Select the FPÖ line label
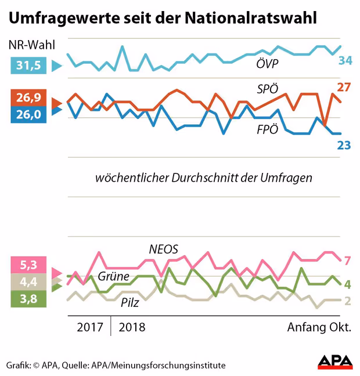pos(268,129)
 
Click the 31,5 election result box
pos(28,66)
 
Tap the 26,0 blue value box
pos(28,114)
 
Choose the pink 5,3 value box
pos(28,266)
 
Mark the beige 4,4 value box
pos(28,283)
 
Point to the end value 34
pos(345,60)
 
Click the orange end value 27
pos(344,88)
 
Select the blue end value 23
pos(344,144)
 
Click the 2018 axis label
pos(132,327)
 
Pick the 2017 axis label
pos(91,327)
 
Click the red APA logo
pos(335,362)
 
